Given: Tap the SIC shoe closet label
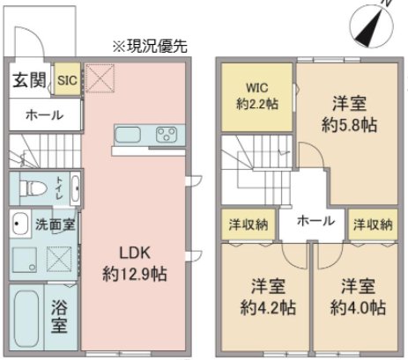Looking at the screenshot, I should [67, 81].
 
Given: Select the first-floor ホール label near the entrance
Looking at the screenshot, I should [44, 115].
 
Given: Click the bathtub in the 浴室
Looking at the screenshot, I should [27, 318].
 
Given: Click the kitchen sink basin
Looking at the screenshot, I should [129, 135].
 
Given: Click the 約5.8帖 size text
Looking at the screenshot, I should [350, 125].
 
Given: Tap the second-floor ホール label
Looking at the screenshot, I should [314, 220].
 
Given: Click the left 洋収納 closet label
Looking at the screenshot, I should [249, 224].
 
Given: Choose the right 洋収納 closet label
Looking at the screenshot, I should [372, 224].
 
